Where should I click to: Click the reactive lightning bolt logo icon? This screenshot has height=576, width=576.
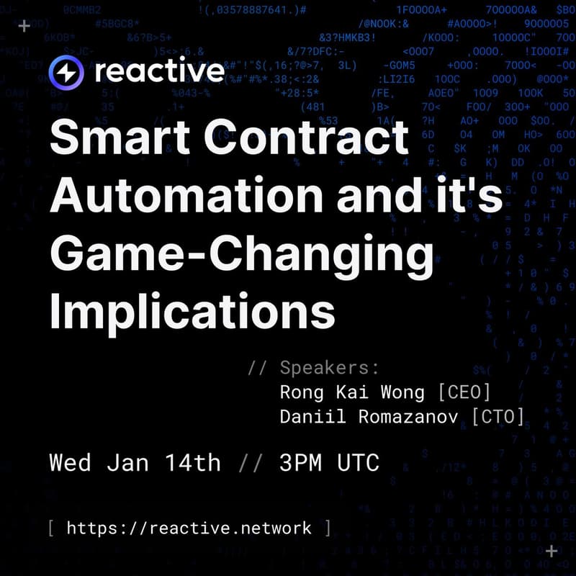tap(67, 72)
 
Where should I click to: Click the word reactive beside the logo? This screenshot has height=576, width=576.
tap(159, 71)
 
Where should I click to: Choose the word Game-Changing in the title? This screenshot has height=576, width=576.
tap(241, 254)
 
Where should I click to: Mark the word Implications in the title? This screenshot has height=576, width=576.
tap(192, 312)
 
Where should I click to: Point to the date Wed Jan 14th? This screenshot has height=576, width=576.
tap(135, 462)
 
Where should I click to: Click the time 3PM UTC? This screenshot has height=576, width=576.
tap(329, 462)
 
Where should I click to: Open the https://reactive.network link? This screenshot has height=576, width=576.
tap(189, 528)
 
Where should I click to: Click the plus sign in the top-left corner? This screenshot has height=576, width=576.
tap(24, 26)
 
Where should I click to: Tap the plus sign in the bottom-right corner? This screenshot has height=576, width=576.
tap(552, 551)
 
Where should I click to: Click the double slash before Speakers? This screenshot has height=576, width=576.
tap(257, 368)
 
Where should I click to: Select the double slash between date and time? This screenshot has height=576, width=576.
tap(249, 462)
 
